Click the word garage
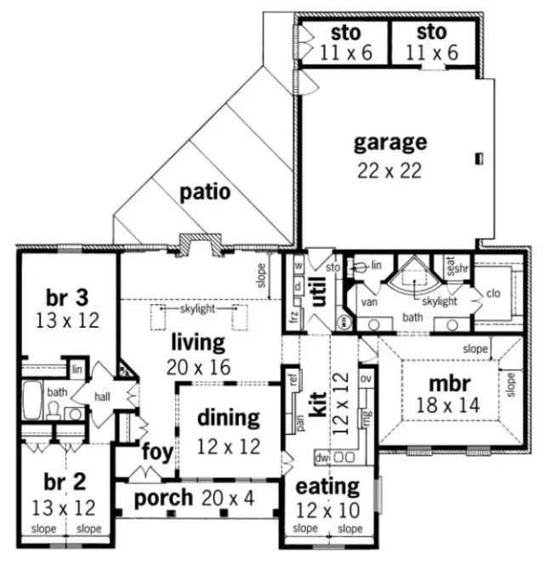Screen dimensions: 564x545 pyautogui.click(x=390, y=141)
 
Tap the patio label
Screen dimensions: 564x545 pyautogui.click(x=205, y=192)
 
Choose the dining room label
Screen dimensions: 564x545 pyautogui.click(x=228, y=417)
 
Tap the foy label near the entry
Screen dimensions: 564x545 pyautogui.click(x=157, y=450)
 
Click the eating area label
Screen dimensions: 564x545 pyautogui.click(x=327, y=488)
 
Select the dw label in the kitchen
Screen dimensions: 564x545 pyautogui.click(x=321, y=456)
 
